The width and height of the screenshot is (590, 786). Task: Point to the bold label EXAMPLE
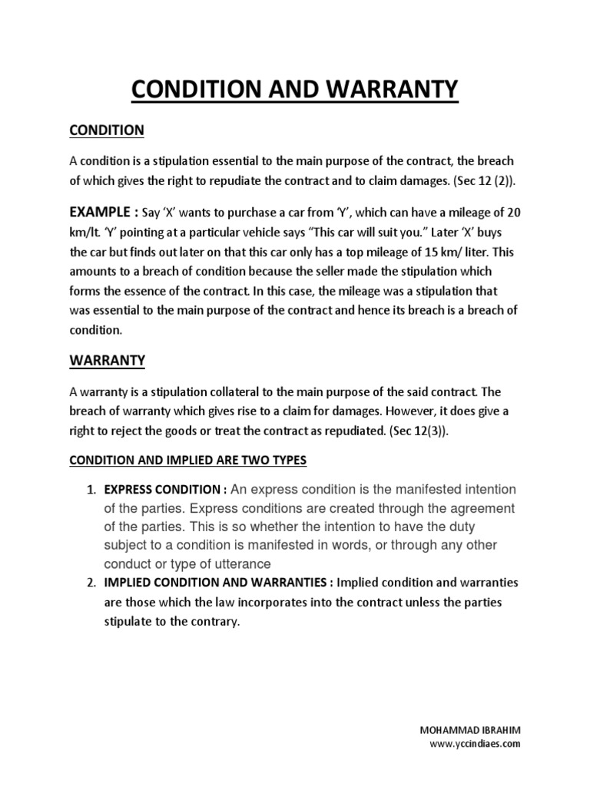99,212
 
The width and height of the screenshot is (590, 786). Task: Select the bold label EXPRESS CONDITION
162,490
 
